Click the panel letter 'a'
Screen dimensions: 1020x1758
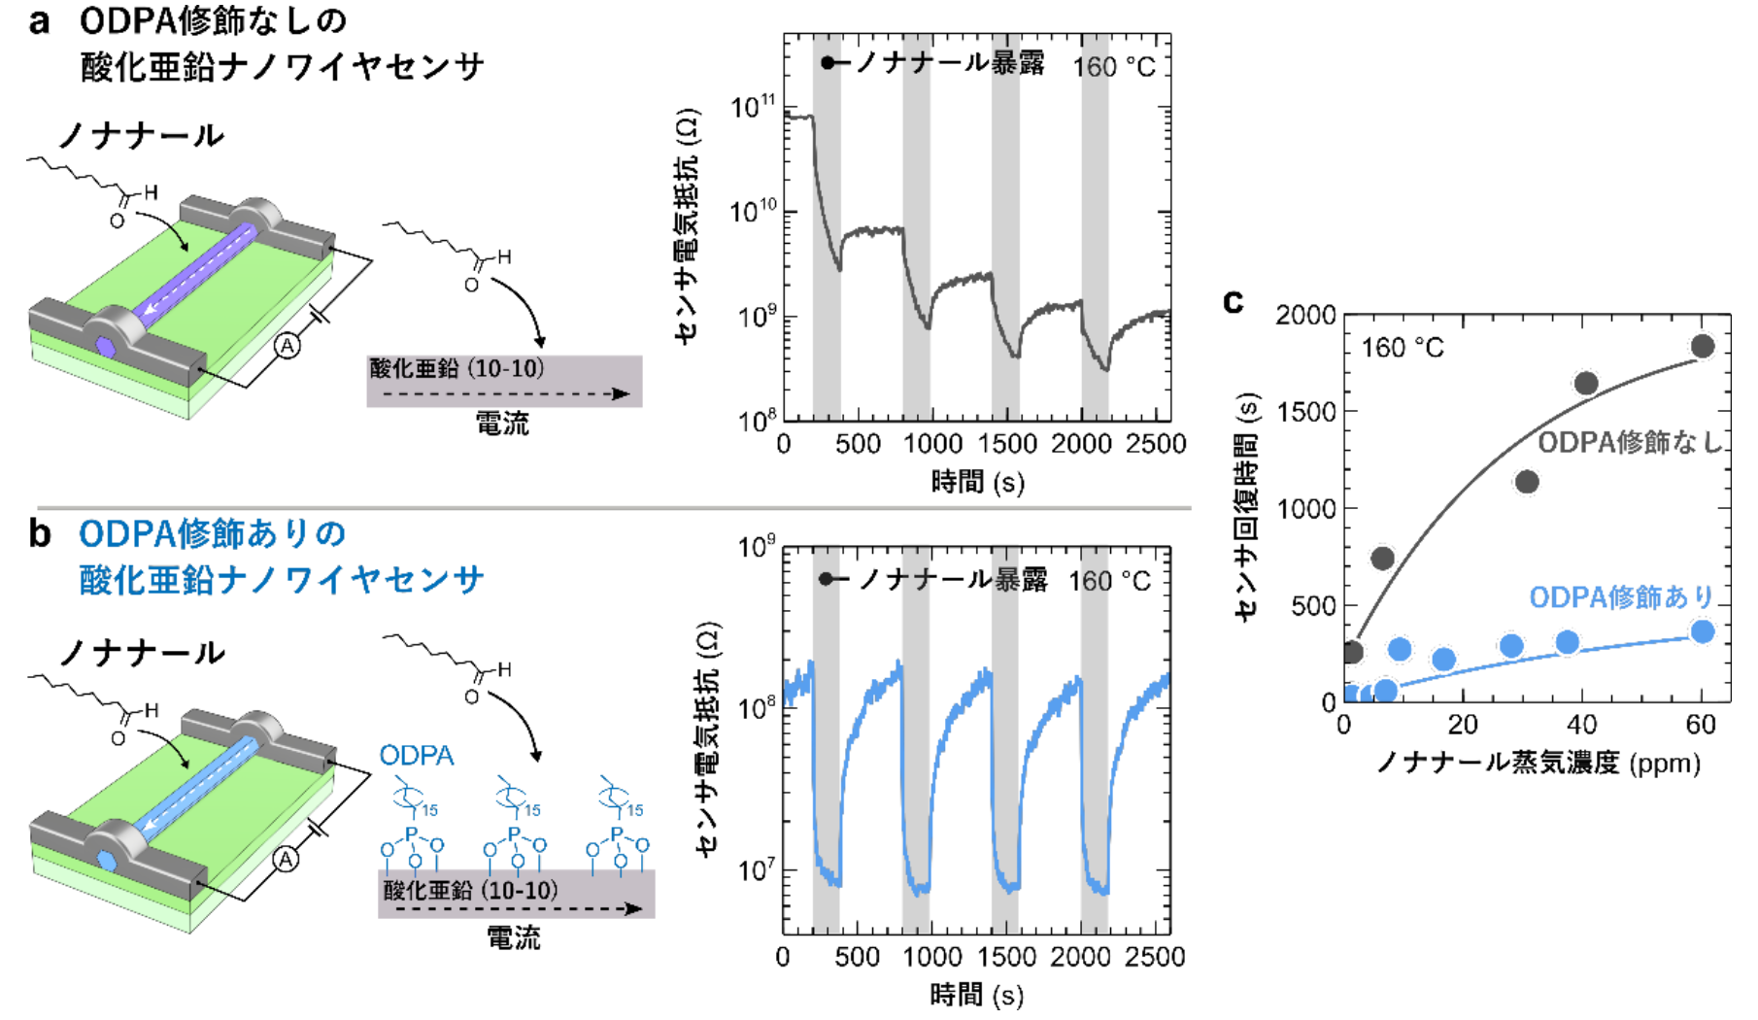39,21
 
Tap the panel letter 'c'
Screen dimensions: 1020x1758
1233,301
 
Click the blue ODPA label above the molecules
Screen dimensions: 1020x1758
416,756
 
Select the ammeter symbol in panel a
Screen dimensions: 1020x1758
287,346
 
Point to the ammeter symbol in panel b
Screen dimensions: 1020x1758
286,860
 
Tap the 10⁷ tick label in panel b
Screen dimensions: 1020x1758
756,868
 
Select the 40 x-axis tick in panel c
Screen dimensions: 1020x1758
1581,725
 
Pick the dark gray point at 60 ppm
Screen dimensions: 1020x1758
1702,346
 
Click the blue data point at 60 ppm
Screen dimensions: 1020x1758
1702,631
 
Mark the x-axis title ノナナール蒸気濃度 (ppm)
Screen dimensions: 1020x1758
1538,763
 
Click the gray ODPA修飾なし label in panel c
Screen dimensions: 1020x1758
1628,443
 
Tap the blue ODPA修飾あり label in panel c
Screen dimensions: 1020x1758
1620,596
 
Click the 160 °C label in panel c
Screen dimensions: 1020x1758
1402,348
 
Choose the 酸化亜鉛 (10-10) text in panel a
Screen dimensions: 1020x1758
456,369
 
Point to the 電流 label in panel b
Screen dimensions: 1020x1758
513,937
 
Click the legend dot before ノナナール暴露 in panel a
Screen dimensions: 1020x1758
828,63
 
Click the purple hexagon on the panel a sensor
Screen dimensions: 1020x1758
105,346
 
